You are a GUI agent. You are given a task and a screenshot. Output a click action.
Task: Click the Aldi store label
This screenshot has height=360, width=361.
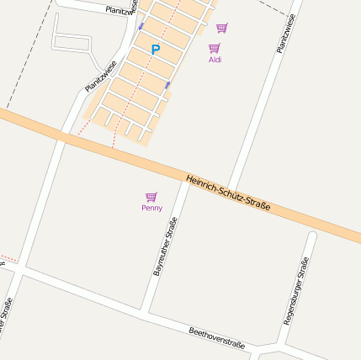point(215,60)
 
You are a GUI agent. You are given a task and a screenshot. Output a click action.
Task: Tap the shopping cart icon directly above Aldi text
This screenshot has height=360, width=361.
point(214,48)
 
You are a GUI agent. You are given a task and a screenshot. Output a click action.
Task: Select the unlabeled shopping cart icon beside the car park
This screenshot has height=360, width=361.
point(221,28)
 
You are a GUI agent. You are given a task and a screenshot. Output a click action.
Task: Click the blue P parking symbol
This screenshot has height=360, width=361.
point(155,50)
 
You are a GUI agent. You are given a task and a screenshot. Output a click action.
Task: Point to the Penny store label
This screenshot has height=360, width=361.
point(152,208)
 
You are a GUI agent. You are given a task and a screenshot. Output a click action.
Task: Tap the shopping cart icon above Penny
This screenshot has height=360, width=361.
point(151,197)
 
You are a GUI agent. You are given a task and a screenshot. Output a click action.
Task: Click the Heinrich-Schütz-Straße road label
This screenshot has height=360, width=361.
point(228,193)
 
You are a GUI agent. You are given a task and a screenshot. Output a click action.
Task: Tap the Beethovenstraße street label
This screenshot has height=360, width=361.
point(217,338)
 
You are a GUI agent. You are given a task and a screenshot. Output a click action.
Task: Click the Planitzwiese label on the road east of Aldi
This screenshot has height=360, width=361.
point(286,34)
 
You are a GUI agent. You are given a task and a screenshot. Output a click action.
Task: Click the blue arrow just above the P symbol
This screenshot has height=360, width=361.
point(141,26)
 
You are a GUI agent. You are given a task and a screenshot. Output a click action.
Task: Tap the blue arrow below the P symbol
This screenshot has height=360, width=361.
point(167,85)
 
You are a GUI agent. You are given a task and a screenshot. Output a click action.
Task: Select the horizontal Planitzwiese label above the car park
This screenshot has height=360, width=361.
point(122,8)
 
